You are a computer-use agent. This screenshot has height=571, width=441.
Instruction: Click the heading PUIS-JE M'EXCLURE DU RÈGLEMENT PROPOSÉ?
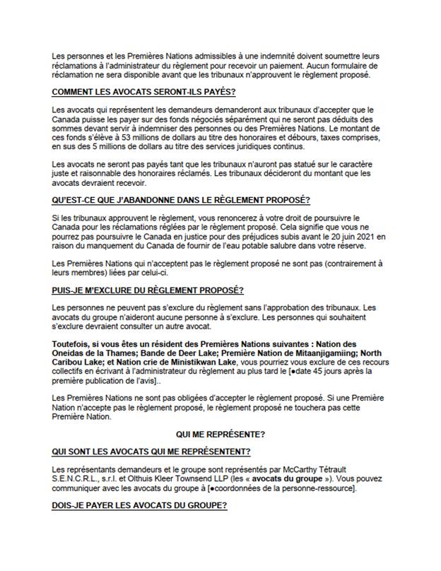coord(148,290)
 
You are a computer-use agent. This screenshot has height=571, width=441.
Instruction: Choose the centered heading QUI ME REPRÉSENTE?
coord(220,435)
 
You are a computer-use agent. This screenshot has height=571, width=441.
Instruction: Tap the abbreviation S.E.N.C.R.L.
coord(79,480)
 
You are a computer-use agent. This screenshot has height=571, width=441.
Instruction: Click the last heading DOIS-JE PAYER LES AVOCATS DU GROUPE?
coord(140,507)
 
